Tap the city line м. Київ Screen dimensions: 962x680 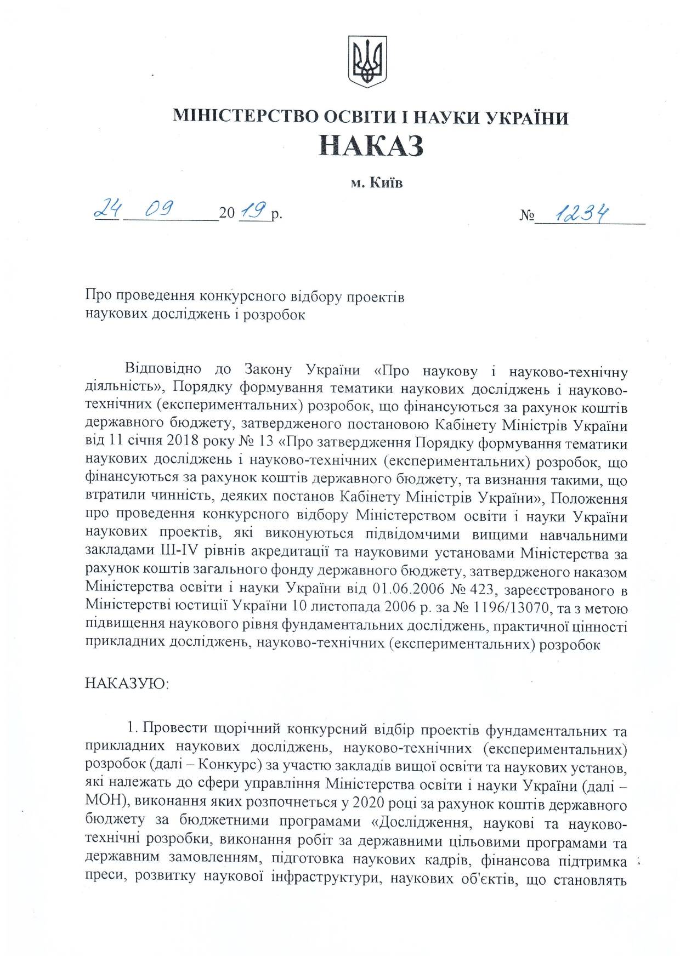pos(377,183)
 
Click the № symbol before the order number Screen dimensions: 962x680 pos(527,215)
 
